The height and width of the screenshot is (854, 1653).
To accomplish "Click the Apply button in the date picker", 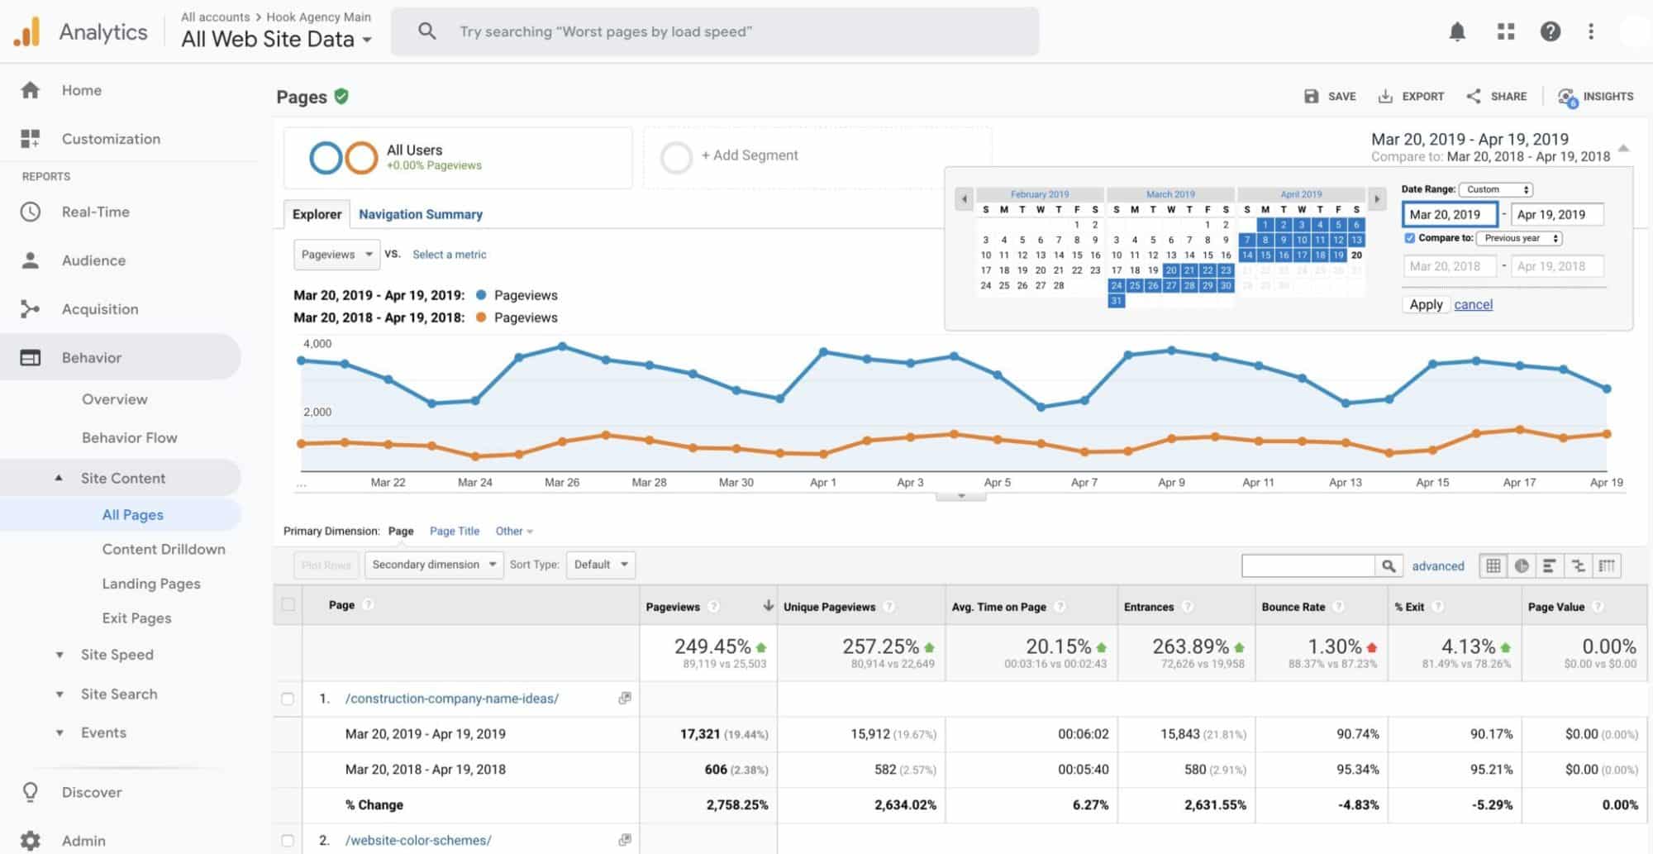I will coord(1426,304).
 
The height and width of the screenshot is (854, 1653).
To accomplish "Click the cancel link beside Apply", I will coord(1473,304).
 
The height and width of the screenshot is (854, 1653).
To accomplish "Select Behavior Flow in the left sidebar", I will coord(129,437).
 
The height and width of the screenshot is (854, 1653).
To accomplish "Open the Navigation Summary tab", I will coord(420,214).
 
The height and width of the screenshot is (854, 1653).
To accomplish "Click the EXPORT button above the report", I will coord(1411,96).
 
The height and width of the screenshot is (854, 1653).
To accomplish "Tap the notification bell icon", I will coord(1457,31).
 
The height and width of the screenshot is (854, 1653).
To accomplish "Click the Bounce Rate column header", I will coord(1293,607).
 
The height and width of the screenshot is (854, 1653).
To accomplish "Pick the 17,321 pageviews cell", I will coord(700,734).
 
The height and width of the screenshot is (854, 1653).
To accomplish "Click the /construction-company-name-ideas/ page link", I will coord(451,699).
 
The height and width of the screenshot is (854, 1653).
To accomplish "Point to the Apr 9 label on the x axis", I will coord(1171,482).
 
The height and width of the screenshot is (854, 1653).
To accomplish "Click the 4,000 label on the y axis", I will coord(317,343).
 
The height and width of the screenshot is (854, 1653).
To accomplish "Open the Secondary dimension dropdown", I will coord(433,565).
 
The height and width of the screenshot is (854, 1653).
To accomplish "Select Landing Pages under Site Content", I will coord(151,584).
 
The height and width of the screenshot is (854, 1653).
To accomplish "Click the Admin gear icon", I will coord(31,840).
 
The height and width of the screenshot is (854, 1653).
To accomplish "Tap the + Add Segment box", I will coord(749,155).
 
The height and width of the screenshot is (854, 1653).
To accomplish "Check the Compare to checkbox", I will coord(1410,238).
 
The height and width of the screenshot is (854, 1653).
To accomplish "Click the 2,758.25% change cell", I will coord(736,804).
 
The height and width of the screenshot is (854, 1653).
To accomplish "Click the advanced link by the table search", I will coord(1437,566).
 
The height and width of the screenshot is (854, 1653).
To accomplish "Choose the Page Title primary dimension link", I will coord(454,531).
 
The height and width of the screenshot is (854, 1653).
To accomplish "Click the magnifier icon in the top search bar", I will coord(426,31).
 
